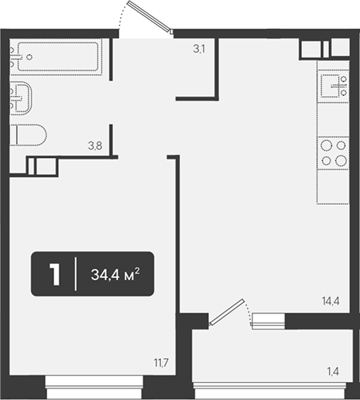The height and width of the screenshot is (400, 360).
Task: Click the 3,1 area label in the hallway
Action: pyautogui.click(x=199, y=49)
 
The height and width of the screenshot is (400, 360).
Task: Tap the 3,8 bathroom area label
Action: pyautogui.click(x=95, y=146)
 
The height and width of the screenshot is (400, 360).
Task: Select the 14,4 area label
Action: pyautogui.click(x=331, y=301)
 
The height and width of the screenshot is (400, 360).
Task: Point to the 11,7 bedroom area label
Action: pyautogui.click(x=161, y=363)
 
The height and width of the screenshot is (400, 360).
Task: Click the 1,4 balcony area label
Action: pyautogui.click(x=333, y=371)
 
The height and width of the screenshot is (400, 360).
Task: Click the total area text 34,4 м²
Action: pyautogui.click(x=115, y=274)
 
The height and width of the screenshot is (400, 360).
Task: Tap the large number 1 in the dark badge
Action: pyautogui.click(x=55, y=275)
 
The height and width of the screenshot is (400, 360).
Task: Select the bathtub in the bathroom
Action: pyautogui.click(x=57, y=56)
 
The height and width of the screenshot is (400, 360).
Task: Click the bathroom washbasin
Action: pyautogui.click(x=21, y=97)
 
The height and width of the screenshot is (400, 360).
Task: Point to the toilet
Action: pyautogui.click(x=28, y=135)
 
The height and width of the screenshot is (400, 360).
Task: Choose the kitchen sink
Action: pyautogui.click(x=333, y=86)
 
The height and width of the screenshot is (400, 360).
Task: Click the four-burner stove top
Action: pyautogui.click(x=333, y=153)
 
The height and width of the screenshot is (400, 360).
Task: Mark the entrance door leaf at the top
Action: pyautogui.click(x=149, y=16)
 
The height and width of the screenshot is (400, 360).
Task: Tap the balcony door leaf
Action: pyautogui.click(x=227, y=312)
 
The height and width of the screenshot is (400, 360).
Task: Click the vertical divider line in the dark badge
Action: pyautogui.click(x=76, y=274)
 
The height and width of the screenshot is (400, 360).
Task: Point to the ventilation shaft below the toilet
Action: pyautogui.click(x=42, y=166)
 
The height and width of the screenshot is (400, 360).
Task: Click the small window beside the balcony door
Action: pyautogui.click(x=269, y=321)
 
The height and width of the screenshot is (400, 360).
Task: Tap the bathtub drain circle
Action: pyautogui.click(x=29, y=57)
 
